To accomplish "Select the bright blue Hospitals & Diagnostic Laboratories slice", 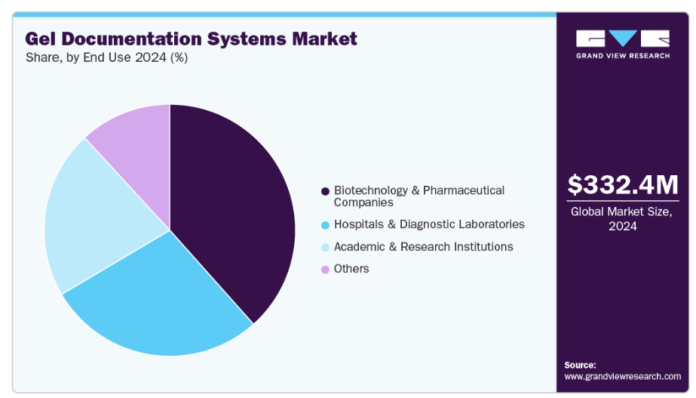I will (158, 302).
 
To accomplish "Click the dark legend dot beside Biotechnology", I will (325, 190).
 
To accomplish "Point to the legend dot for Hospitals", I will (325, 224).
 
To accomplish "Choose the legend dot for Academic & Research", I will (325, 247).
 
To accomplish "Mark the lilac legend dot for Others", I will (325, 269).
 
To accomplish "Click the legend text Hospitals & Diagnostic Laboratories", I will (429, 224).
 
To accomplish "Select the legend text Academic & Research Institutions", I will (423, 247).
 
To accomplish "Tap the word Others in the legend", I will (351, 269).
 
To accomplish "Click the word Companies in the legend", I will (363, 202).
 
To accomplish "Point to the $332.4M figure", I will (622, 185).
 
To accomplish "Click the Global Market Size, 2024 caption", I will (622, 218).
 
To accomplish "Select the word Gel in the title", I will (41, 39).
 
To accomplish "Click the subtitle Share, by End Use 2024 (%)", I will (106, 58).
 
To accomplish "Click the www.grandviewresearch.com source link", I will (622, 376).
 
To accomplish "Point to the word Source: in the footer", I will (580, 365).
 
